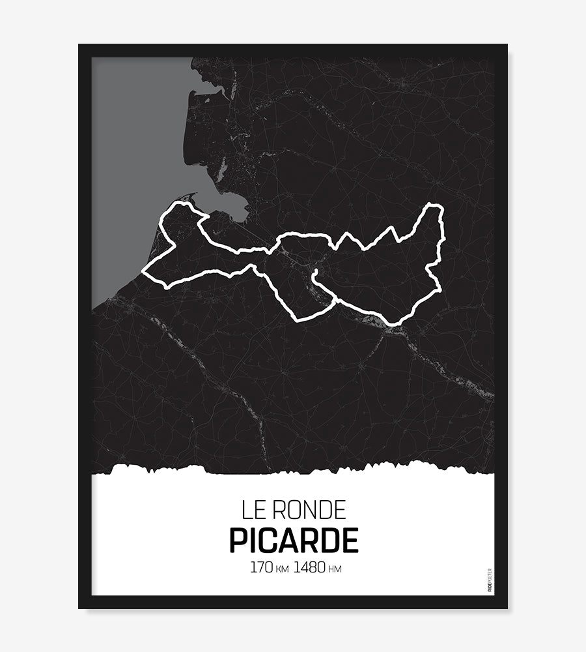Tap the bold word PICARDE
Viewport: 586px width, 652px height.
[x=293, y=541]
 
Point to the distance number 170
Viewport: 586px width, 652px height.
[x=262, y=567]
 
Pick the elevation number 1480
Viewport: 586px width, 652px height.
[x=309, y=567]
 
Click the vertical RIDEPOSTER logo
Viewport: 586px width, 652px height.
[x=489, y=580]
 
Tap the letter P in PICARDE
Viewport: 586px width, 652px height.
[x=238, y=541]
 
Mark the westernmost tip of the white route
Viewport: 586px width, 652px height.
[x=144, y=273]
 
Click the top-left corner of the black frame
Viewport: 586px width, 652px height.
[x=79, y=45]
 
